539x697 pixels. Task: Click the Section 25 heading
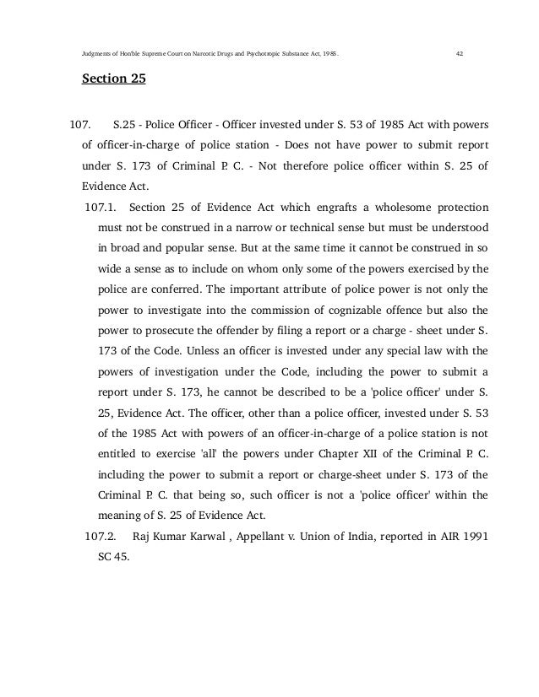point(113,81)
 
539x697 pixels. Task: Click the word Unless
point(215,348)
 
